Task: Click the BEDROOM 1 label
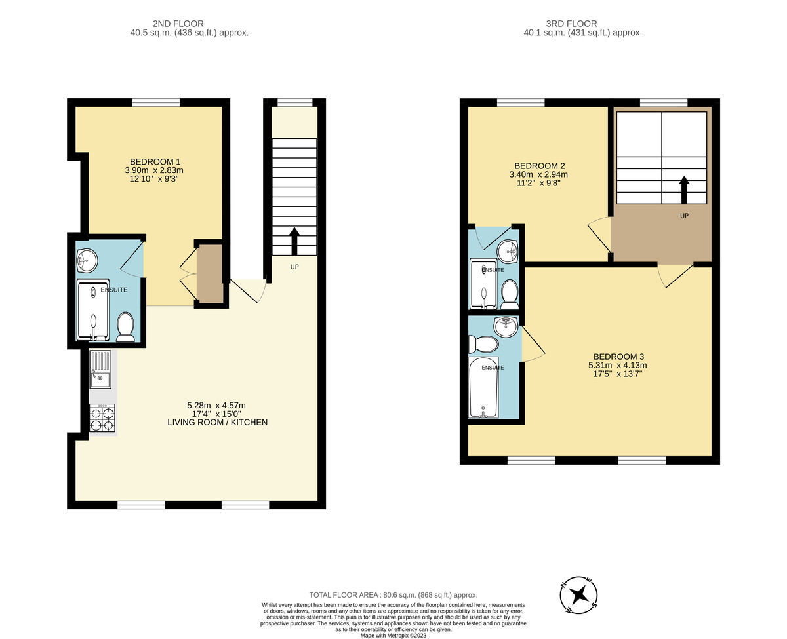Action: (155, 162)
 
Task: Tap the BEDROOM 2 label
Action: (539, 166)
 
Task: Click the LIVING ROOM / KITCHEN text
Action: (217, 423)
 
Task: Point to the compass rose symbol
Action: (578, 595)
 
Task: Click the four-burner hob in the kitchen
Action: (102, 417)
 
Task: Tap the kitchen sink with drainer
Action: (101, 369)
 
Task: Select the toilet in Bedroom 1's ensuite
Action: (125, 326)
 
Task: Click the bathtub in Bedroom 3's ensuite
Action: (483, 387)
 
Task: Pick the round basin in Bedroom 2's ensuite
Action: (507, 250)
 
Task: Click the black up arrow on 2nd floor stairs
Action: (294, 241)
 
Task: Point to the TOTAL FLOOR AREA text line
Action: (393, 594)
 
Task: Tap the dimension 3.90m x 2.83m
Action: (155, 170)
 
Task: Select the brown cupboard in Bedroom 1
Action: (210, 274)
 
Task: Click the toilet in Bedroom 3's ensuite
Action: (483, 344)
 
